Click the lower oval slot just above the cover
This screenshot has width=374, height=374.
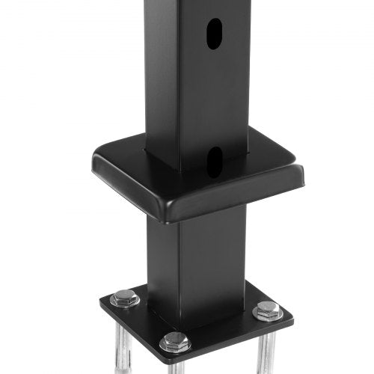215,158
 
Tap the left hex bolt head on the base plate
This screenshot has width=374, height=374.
124,299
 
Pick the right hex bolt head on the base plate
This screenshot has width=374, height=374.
268,309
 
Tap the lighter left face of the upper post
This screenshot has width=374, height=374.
161,75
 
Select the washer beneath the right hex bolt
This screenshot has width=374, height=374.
268,313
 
